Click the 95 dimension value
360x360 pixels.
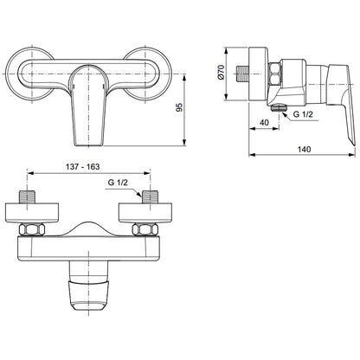click(x=179, y=107)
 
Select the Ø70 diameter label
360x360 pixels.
click(x=221, y=72)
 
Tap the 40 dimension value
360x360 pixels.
click(x=264, y=123)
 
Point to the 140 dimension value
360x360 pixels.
click(x=305, y=149)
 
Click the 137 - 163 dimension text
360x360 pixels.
click(x=83, y=167)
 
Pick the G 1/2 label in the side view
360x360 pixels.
click(x=303, y=114)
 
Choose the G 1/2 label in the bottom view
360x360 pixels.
click(x=118, y=183)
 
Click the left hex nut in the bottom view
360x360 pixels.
click(x=32, y=229)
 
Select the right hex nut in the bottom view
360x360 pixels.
click(x=145, y=229)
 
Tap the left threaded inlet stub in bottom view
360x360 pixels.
click(x=27, y=196)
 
